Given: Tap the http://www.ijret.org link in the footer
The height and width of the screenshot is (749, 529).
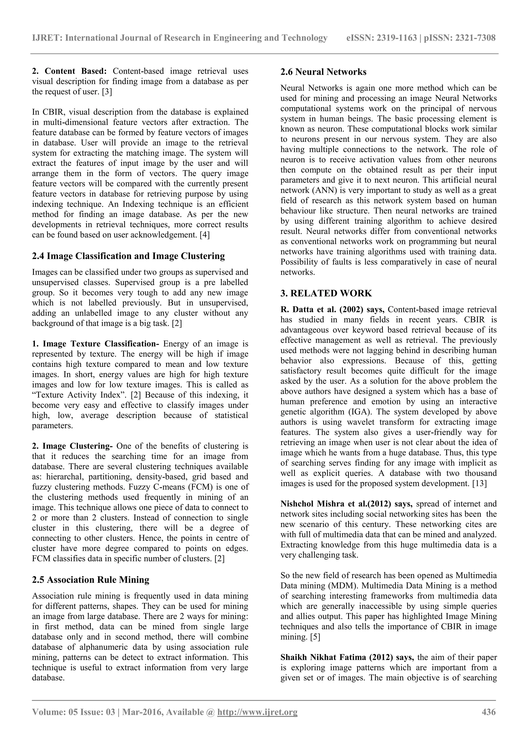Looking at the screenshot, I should coord(257,712).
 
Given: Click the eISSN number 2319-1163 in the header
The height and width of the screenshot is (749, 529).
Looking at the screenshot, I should coord(397,38).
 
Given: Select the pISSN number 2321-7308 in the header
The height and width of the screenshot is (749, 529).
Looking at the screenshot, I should coord(475,38).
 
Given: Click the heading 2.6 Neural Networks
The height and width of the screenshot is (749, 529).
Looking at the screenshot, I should coord(323,72).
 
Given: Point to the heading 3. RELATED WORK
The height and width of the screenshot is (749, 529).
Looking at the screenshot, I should coord(326,293).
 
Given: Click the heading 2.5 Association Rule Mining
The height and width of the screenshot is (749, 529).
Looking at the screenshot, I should coord(91,580).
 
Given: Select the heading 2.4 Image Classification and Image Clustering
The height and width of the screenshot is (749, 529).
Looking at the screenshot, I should coord(128,256).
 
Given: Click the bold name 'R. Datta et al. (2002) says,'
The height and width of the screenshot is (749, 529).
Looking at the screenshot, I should coord(333,309).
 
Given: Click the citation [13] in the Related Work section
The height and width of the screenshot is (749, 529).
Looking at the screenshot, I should coord(479,483).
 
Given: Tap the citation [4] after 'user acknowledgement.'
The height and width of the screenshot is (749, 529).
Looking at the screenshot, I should coord(204,235).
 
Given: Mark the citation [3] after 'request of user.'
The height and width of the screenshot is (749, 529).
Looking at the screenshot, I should coord(107,92).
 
